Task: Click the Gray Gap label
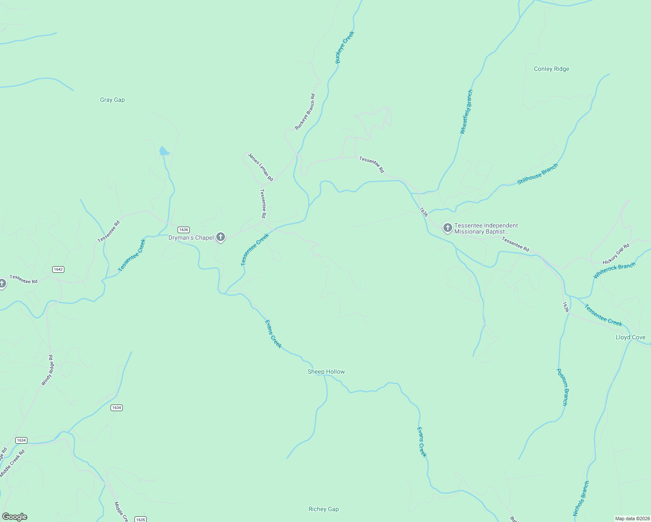(x=112, y=100)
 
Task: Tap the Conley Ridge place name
(x=551, y=69)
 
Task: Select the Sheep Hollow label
(x=326, y=371)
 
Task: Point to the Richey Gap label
(x=323, y=509)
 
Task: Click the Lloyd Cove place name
(x=631, y=337)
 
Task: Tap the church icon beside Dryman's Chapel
(x=221, y=237)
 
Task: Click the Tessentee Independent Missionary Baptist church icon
(x=447, y=228)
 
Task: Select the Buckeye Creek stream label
(x=345, y=47)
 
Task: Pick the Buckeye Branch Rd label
(x=305, y=112)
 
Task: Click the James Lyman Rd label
(x=260, y=167)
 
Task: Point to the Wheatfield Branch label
(x=466, y=112)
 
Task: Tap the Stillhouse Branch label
(x=537, y=174)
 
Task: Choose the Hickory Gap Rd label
(x=616, y=254)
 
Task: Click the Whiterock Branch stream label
(x=614, y=270)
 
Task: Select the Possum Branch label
(x=562, y=387)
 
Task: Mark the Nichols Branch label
(x=581, y=498)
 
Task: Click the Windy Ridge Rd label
(x=47, y=370)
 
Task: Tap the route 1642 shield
(x=58, y=269)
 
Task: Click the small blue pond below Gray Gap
(x=164, y=151)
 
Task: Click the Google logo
(x=14, y=517)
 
